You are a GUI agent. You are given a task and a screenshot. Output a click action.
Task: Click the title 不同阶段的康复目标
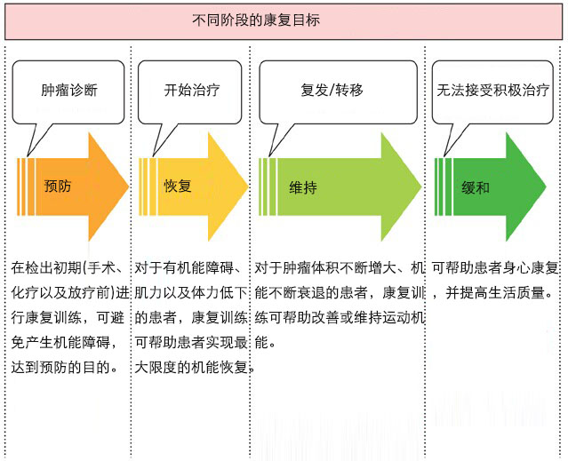point(256,20)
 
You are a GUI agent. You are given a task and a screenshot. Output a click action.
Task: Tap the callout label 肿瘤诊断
point(69,90)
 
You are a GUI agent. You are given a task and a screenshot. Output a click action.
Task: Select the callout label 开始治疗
point(192,90)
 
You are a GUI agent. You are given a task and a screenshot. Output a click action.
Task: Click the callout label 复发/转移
point(332,90)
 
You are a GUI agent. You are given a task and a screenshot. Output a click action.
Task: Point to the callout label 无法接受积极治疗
point(492,90)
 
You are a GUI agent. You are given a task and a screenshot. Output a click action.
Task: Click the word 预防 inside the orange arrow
point(58,186)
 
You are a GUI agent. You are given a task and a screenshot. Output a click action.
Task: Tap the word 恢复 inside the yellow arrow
point(178,186)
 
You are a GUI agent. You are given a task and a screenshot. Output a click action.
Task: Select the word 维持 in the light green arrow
point(303,187)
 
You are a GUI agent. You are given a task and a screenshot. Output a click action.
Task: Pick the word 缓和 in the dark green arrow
point(476,187)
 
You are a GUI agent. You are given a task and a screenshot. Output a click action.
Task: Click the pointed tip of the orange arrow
point(129,187)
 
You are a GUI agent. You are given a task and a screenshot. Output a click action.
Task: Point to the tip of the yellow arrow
point(248,187)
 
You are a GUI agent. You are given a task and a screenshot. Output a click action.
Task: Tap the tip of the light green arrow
point(421,187)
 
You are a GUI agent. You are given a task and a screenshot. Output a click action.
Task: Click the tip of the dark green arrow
point(546,187)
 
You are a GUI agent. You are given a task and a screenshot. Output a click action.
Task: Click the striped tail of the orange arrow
point(26,187)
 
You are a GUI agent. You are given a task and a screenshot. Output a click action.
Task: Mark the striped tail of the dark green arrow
point(444,187)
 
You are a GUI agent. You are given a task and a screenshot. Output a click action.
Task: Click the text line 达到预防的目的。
point(65,367)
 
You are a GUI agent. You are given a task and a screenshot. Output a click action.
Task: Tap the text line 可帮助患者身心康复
point(495,268)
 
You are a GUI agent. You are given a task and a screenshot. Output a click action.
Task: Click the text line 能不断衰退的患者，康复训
point(340,292)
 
